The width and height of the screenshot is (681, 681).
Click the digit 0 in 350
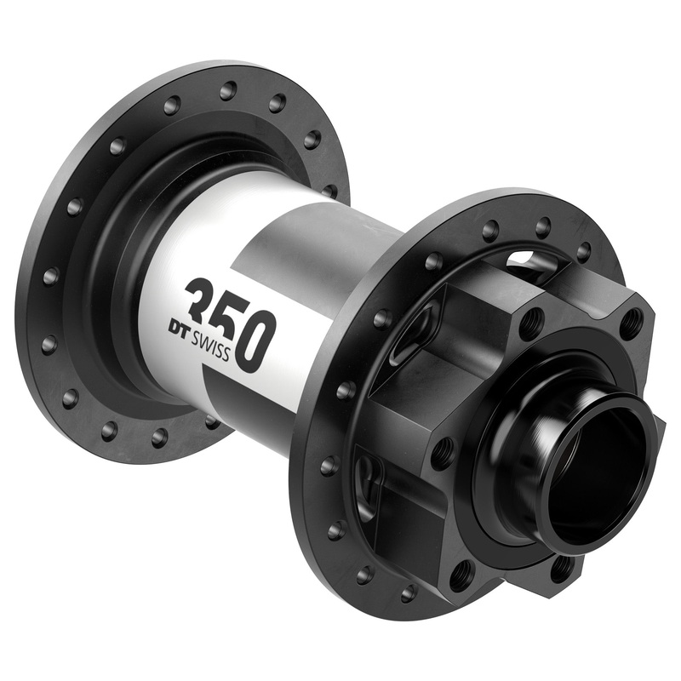click(255, 340)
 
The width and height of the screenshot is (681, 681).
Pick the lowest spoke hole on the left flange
click(159, 437)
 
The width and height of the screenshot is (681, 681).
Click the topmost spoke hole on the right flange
click(542, 226)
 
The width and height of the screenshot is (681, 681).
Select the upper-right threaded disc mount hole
click(631, 322)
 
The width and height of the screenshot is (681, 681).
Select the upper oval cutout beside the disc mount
click(407, 334)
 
